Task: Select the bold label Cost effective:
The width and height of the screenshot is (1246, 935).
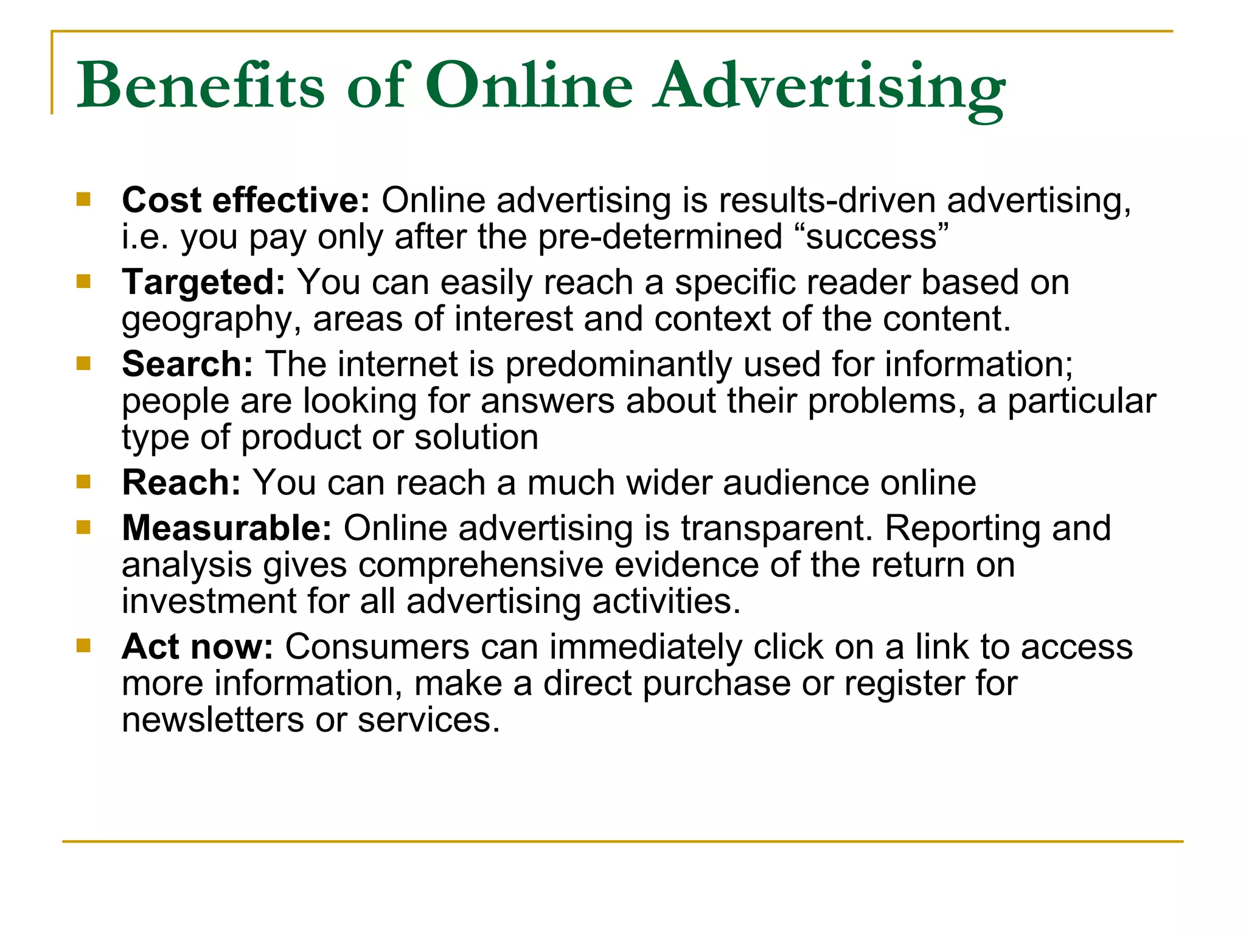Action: click(x=246, y=200)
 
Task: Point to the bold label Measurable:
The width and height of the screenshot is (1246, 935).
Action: click(x=227, y=528)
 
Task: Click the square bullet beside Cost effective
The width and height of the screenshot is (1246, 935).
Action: click(x=83, y=199)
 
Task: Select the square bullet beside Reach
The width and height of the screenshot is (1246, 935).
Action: click(x=83, y=482)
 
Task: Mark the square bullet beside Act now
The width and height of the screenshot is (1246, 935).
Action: click(x=83, y=645)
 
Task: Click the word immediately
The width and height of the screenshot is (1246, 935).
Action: click(x=646, y=646)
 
